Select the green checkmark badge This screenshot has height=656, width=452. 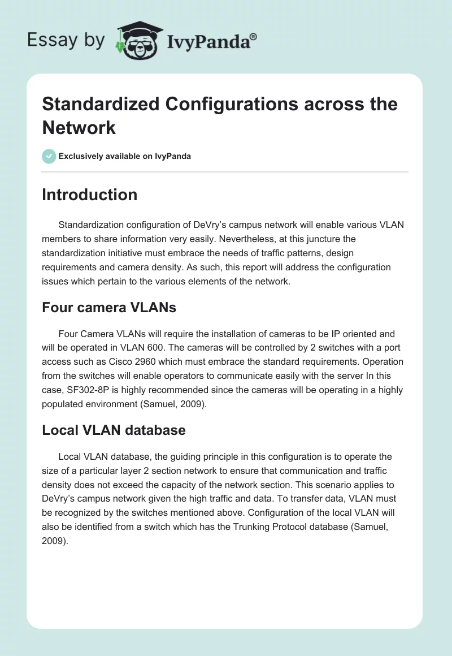49,156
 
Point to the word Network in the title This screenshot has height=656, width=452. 79,127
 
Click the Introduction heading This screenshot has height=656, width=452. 90,195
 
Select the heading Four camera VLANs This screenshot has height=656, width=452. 109,308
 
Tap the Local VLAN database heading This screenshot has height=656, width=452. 114,430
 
